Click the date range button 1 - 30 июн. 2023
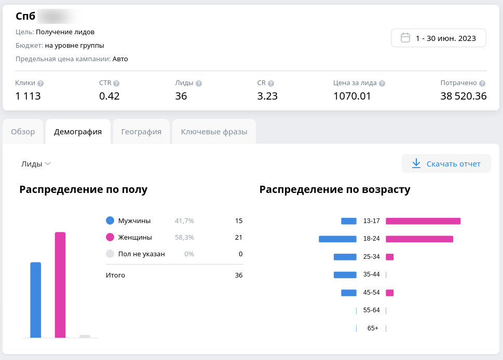439,38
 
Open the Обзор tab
23,132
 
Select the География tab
141,132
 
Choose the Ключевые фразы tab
214,132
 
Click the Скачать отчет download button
446,164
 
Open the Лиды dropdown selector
36,164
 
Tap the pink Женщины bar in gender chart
60,285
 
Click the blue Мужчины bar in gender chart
35,300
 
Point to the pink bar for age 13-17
423,221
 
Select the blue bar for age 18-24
337,239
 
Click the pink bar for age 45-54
389,293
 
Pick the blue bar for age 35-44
345,275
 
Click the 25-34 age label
372,257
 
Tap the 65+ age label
373,328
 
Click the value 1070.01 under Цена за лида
352,96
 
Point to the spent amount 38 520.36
463,96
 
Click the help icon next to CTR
116,84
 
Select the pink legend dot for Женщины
110,238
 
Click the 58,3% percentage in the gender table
184,238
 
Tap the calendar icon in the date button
406,38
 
